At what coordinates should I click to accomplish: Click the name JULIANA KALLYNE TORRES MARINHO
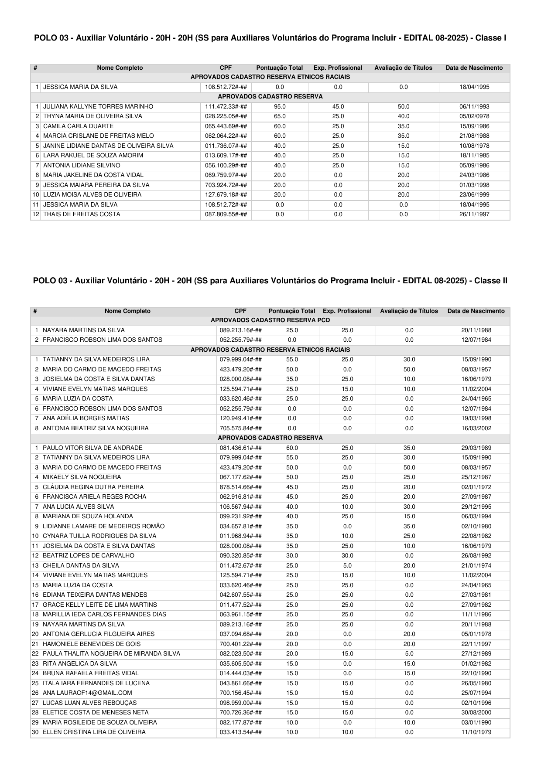point(98,106)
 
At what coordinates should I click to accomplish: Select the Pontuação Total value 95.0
point(280,106)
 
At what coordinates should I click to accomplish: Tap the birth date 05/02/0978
point(474,116)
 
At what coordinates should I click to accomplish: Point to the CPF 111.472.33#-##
point(226,106)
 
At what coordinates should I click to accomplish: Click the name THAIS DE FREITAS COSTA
point(82,214)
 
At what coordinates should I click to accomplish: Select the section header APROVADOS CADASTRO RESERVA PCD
point(270,320)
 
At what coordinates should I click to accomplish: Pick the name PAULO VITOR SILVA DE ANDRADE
point(92,448)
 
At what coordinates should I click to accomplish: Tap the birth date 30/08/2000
point(476,713)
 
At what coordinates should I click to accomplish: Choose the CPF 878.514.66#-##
point(241,487)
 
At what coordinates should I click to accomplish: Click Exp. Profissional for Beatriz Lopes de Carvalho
point(347,556)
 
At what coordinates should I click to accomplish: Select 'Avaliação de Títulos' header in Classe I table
point(403,68)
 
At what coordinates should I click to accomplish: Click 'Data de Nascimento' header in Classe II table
point(476,311)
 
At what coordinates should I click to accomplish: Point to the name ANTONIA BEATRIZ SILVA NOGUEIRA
point(96,428)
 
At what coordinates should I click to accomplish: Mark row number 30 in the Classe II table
point(35,732)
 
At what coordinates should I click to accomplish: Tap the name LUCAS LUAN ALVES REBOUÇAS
point(89,703)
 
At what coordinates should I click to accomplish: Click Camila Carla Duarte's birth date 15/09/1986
point(474,126)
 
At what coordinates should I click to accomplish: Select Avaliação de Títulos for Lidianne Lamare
point(409,527)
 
